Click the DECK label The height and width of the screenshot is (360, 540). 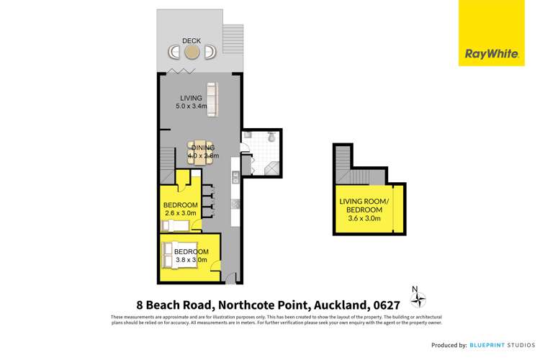pyautogui.click(x=191, y=41)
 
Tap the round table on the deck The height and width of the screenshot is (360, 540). pyautogui.click(x=192, y=52)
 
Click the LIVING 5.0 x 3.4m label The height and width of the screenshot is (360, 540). pyautogui.click(x=191, y=102)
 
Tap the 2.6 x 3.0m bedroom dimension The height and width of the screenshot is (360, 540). pyautogui.click(x=181, y=214)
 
